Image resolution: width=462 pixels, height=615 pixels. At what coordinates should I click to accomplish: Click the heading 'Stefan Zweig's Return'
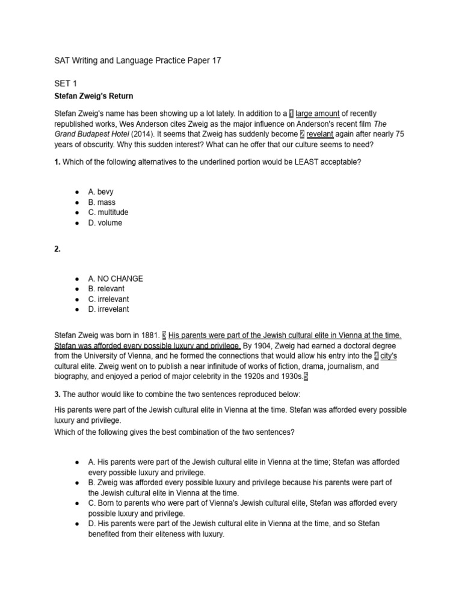[x=93, y=96]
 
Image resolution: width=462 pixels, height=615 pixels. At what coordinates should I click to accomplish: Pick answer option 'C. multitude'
[x=108, y=212]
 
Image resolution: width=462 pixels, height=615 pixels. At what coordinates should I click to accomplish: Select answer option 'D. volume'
[x=105, y=223]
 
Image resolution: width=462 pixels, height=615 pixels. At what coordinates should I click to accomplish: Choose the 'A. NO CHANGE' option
[x=115, y=279]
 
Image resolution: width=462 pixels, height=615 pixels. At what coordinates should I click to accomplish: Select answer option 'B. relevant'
[x=106, y=289]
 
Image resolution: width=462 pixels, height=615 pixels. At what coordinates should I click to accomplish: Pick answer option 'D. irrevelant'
[x=108, y=309]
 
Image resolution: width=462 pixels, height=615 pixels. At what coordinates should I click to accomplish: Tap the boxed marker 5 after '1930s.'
[x=306, y=377]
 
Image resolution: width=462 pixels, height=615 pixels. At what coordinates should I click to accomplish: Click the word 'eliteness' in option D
[x=177, y=534]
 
